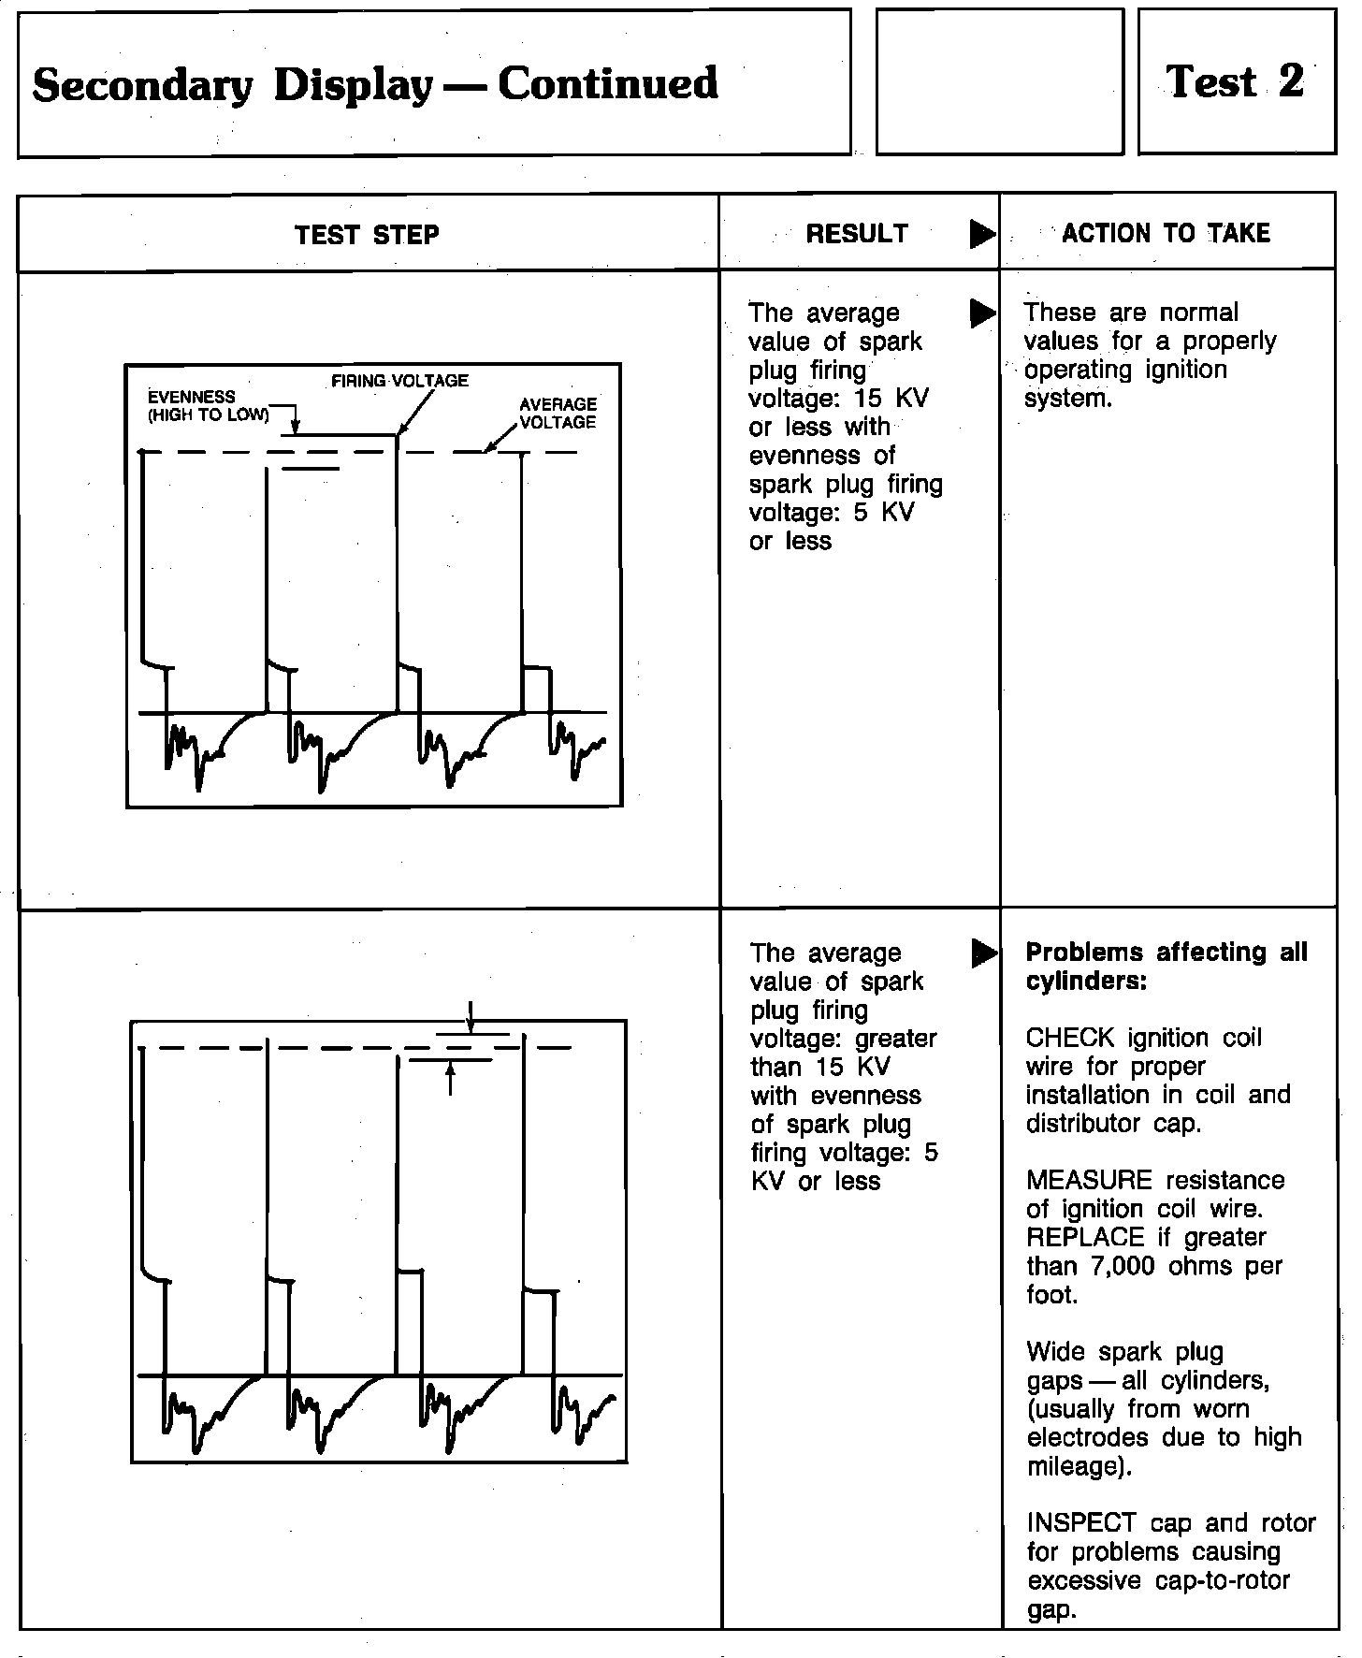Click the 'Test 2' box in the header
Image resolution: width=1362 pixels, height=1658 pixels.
pyautogui.click(x=1236, y=82)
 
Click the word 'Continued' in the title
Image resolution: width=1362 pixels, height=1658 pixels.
pyautogui.click(x=608, y=83)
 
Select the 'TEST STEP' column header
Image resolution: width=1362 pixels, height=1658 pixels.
pyautogui.click(x=367, y=234)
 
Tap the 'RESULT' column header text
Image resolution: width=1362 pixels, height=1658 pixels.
pyautogui.click(x=857, y=233)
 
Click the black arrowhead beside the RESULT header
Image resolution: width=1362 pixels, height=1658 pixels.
pyautogui.click(x=982, y=234)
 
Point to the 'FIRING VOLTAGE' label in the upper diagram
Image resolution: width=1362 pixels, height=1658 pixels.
pyautogui.click(x=400, y=381)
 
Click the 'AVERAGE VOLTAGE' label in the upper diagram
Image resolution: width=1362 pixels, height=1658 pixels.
pyautogui.click(x=558, y=413)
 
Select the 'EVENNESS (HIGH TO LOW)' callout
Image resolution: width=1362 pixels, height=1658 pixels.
pyautogui.click(x=208, y=406)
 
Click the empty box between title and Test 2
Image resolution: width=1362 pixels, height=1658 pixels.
pyautogui.click(x=999, y=82)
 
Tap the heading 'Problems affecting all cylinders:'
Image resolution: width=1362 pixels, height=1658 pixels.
pyautogui.click(x=1166, y=967)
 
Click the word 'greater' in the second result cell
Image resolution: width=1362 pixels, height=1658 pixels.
pyautogui.click(x=895, y=1039)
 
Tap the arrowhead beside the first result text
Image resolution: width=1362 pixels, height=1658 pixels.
pyautogui.click(x=982, y=313)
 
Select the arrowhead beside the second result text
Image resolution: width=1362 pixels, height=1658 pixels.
pyautogui.click(x=983, y=953)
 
